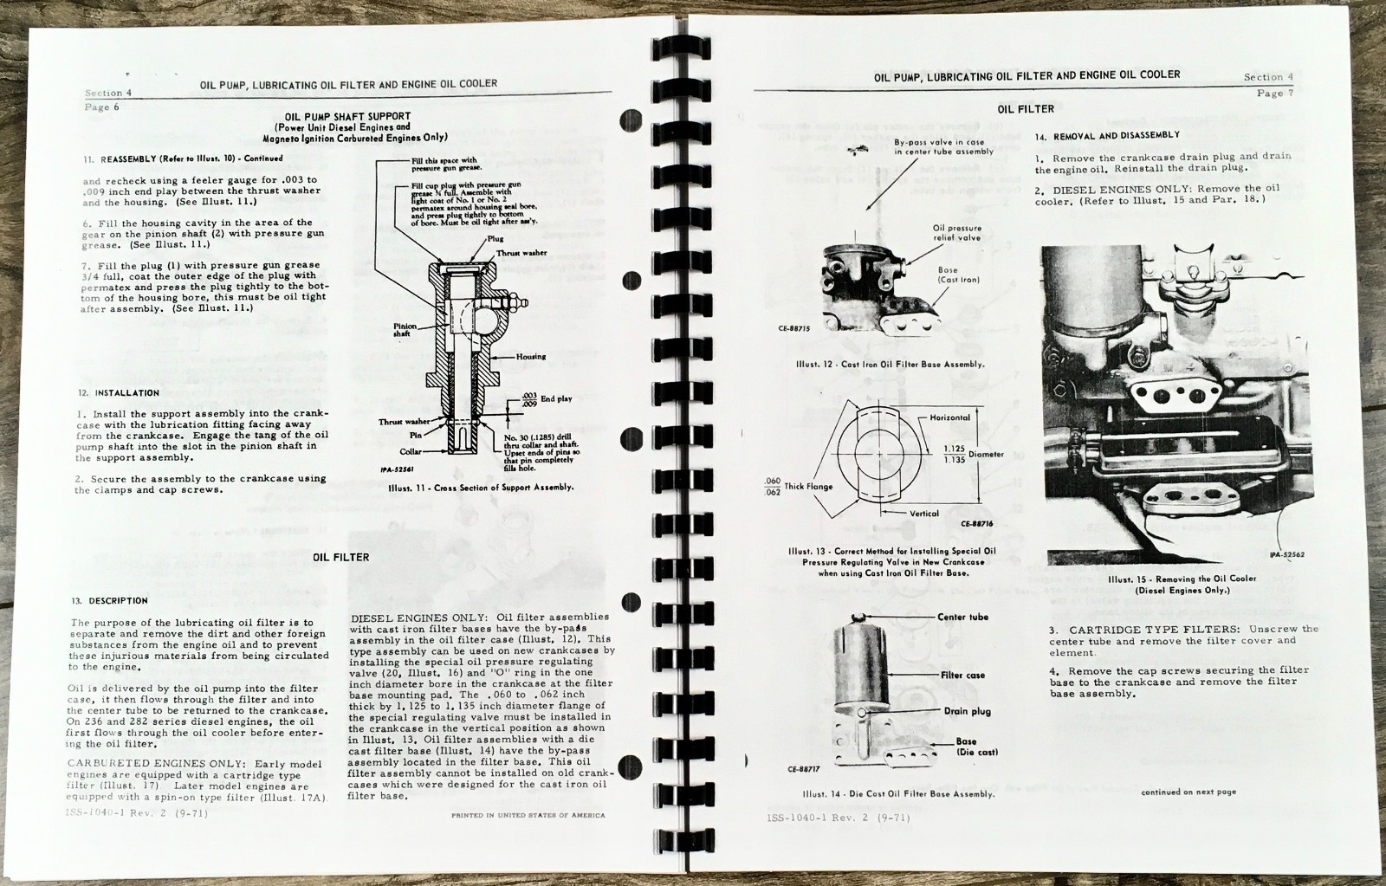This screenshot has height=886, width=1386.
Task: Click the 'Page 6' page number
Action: click(102, 107)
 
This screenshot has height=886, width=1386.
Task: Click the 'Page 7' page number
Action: click(1274, 93)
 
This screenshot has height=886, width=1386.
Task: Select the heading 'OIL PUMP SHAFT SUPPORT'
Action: click(347, 116)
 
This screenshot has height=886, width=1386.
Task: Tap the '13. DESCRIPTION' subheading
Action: click(110, 600)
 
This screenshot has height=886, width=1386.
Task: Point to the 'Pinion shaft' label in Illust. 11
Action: click(405, 330)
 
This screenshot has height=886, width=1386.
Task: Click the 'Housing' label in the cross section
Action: click(531, 356)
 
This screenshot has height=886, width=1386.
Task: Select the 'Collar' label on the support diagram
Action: click(411, 452)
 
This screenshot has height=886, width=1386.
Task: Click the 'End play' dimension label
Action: click(556, 399)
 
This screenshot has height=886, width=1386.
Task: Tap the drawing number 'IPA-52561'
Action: click(395, 471)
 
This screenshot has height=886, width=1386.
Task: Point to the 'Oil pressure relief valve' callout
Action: click(957, 233)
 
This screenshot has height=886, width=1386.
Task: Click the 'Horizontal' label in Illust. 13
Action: click(949, 417)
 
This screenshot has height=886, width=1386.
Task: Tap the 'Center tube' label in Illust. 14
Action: click(962, 618)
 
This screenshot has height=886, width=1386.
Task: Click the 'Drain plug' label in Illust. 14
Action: click(967, 711)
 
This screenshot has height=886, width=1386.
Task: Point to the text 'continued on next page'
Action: click(1188, 792)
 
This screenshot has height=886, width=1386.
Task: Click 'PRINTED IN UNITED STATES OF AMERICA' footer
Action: click(528, 815)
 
